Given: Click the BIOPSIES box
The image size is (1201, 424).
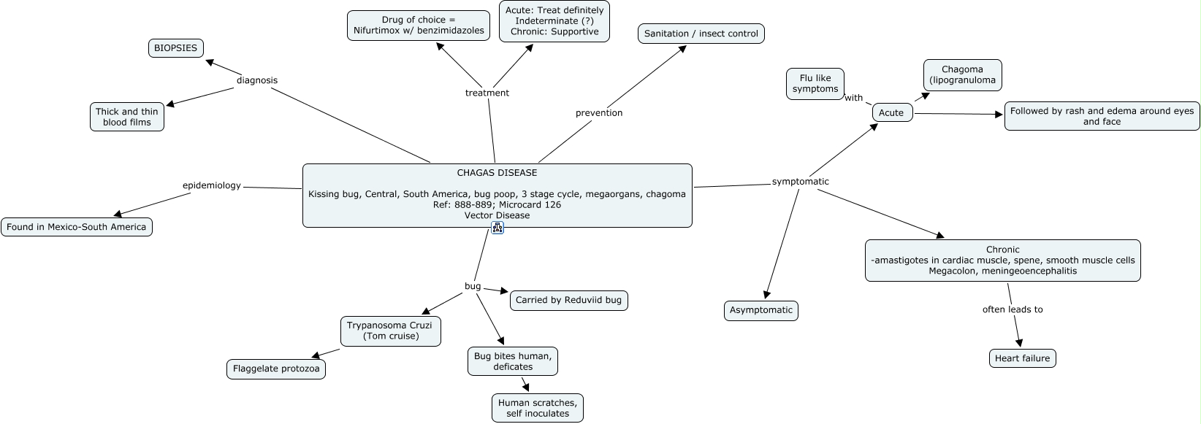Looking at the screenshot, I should [x=175, y=48].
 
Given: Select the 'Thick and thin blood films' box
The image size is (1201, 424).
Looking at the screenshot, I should [x=127, y=117].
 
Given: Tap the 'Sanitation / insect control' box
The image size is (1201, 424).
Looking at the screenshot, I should [x=701, y=34].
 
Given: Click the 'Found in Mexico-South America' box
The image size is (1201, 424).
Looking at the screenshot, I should [x=77, y=227].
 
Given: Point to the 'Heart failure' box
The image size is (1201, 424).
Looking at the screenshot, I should [x=1022, y=358].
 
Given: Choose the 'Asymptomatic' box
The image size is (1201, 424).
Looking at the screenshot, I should [x=761, y=310].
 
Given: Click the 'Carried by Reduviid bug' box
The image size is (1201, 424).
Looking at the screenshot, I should [x=568, y=300].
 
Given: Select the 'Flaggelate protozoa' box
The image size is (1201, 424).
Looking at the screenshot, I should [x=276, y=369].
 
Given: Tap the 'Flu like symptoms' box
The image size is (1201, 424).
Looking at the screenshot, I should [x=815, y=84].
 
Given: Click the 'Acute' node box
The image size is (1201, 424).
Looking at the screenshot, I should [x=892, y=112].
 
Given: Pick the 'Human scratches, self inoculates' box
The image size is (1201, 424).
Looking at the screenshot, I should [x=538, y=408].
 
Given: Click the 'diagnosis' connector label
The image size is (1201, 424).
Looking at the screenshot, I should [x=257, y=80].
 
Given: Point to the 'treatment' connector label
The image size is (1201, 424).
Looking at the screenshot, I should [x=487, y=93].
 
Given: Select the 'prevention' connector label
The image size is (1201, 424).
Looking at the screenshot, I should [x=599, y=112].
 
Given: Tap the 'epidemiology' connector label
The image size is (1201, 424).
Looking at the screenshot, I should [x=211, y=185].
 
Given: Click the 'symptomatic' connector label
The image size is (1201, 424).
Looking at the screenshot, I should [x=801, y=181].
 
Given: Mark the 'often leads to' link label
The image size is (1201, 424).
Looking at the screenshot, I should [x=1013, y=309].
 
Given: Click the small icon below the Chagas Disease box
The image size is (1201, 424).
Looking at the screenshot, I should [x=497, y=228].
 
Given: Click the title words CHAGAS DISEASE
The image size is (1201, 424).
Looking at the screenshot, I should [x=497, y=173].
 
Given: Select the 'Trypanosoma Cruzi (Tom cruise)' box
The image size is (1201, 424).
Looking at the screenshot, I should [x=391, y=331].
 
